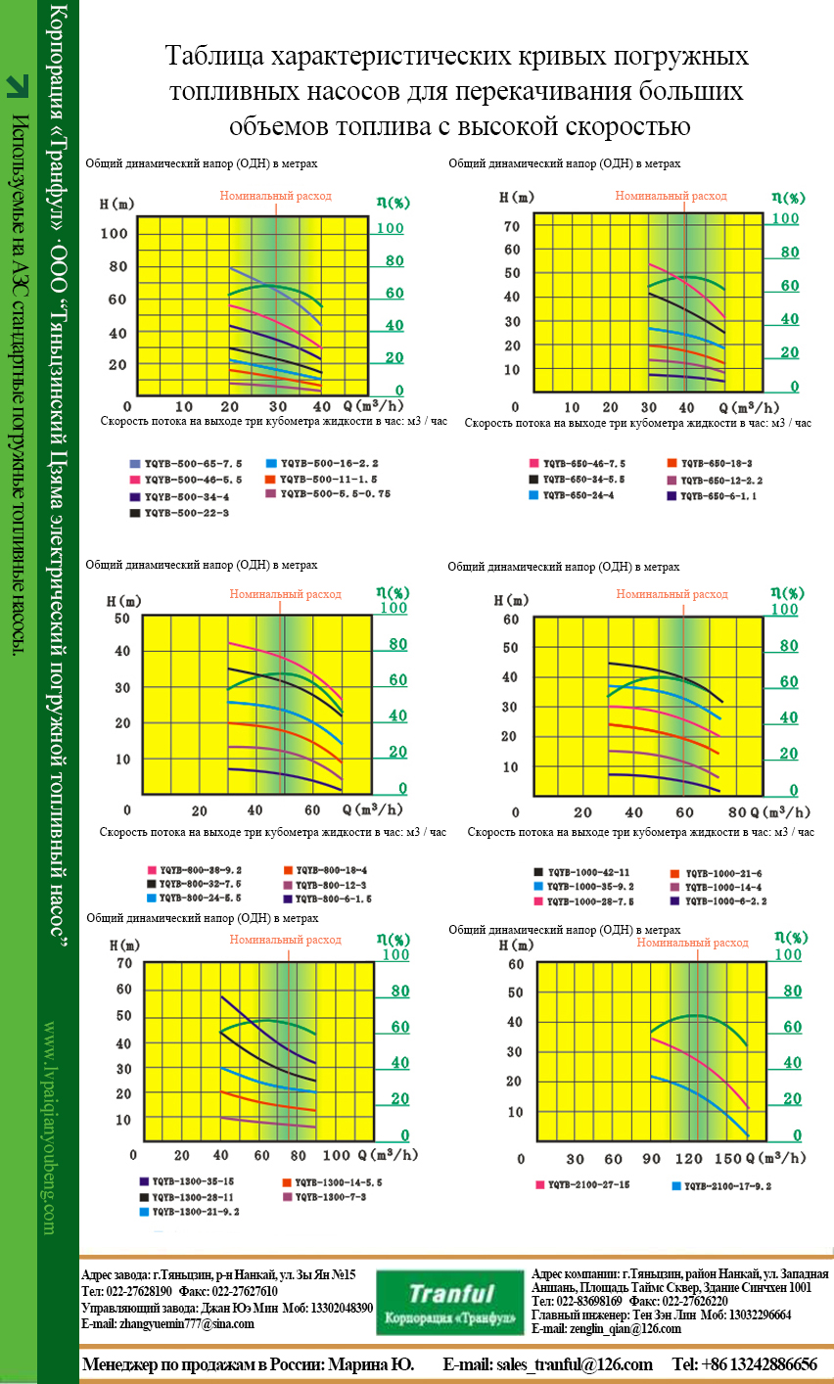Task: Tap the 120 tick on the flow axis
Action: [x=690, y=1159]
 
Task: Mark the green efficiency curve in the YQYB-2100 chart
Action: [x=695, y=1016]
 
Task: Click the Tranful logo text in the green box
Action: [x=451, y=1294]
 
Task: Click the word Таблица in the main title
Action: [x=209, y=57]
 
